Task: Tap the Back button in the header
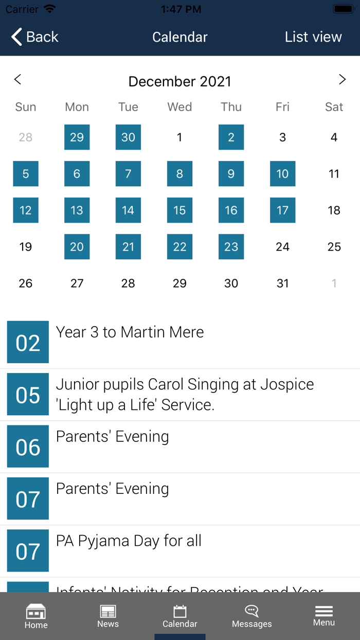pos(35,37)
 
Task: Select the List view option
pos(313,37)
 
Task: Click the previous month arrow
pos(17,79)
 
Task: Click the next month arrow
pos(342,79)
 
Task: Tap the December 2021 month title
pos(179,81)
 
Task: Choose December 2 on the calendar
pos(231,137)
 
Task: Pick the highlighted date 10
pos(282,174)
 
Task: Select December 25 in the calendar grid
pos(334,247)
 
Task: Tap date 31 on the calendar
pos(282,283)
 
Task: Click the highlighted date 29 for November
pos(77,137)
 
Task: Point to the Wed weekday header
pos(179,107)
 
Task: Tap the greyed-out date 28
pos(25,137)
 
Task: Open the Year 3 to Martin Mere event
pos(130,332)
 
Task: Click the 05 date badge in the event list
pos(28,395)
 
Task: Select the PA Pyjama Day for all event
pos(129,541)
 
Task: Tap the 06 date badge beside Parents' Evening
pos(28,447)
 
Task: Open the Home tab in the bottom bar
pos(36,616)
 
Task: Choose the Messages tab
pos(251,616)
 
